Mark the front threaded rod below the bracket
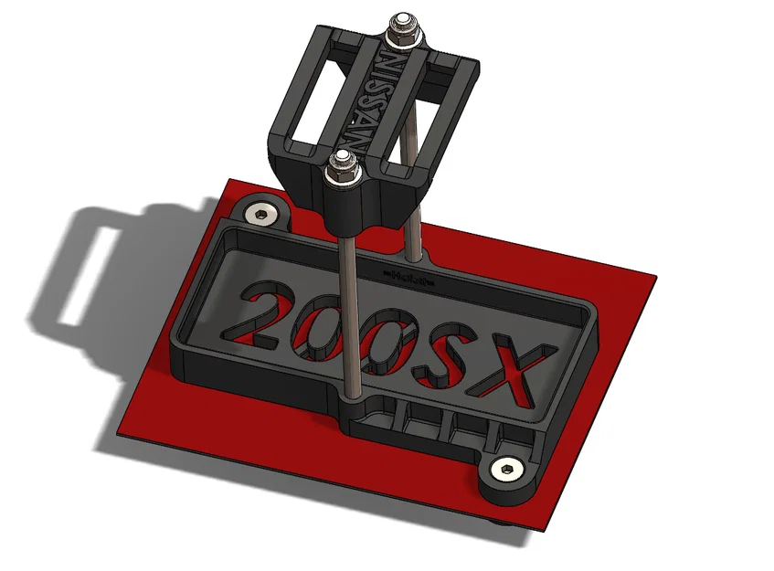pyautogui.click(x=350, y=301)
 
